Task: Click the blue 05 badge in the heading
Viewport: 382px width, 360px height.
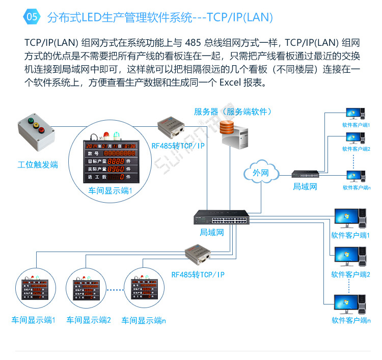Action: point(32,17)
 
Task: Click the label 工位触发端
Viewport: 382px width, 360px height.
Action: point(37,164)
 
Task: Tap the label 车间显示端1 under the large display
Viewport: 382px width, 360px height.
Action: point(110,191)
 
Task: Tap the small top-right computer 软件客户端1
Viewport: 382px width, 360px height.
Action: point(354,114)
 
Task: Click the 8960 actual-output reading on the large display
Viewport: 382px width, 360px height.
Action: point(115,169)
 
